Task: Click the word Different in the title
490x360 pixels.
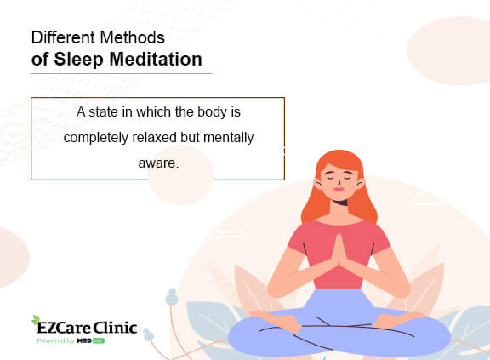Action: pos(60,38)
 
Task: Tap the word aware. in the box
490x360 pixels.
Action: pos(157,161)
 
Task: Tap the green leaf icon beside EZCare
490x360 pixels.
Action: pos(36,322)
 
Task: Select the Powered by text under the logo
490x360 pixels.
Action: pos(55,340)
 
